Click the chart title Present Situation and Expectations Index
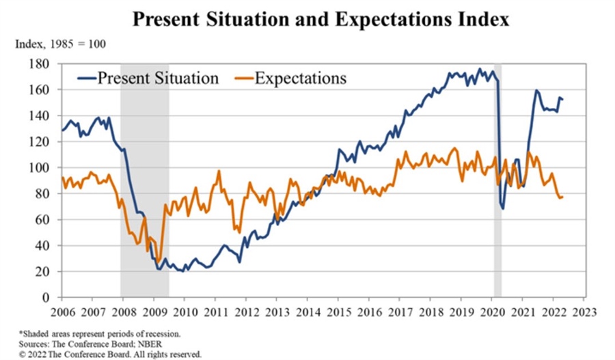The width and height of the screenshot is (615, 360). click(320, 18)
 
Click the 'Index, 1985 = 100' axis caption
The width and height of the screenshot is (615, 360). click(60, 44)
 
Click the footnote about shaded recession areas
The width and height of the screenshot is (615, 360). click(100, 333)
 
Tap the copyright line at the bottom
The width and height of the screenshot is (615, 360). click(109, 354)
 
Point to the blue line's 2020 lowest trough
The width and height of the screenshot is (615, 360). click(504, 208)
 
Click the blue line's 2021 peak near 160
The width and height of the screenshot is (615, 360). click(536, 90)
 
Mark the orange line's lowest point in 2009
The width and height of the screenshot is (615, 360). click(159, 262)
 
